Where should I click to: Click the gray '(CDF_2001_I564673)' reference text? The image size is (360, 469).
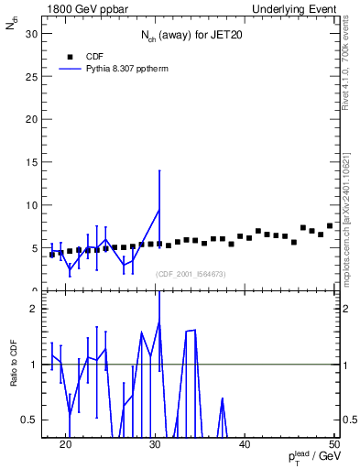pos(190,274)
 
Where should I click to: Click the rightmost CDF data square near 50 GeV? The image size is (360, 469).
pos(330,225)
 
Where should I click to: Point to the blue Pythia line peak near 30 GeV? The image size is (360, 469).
pos(159,210)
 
